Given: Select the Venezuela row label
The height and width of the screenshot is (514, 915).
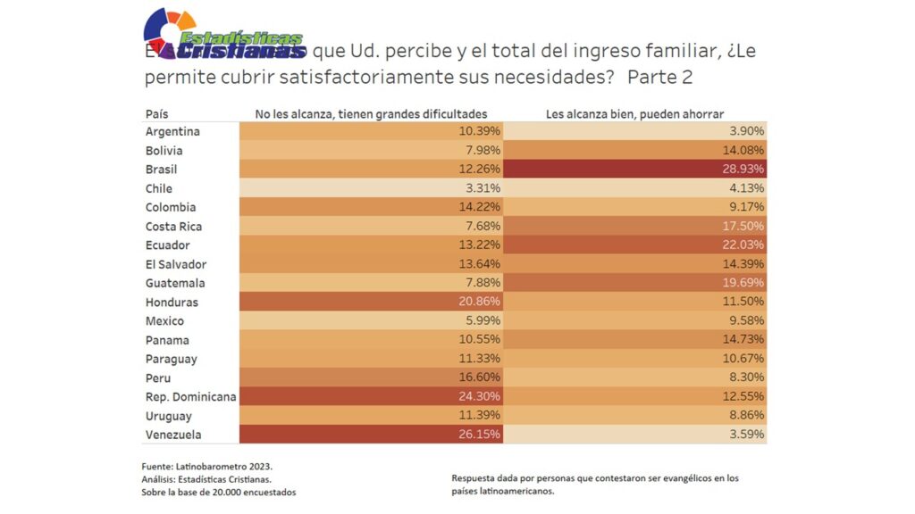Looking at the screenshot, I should (173, 435).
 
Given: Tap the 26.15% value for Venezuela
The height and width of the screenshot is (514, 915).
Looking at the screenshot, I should (480, 435).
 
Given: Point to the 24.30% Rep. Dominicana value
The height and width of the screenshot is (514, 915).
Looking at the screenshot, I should (480, 397).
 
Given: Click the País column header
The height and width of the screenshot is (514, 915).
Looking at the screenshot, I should (156, 114).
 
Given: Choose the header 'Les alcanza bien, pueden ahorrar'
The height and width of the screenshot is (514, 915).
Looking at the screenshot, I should (634, 114).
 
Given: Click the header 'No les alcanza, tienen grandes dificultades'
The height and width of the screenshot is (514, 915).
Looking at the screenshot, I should (371, 114).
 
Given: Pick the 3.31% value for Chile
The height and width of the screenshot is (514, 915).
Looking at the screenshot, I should (483, 188).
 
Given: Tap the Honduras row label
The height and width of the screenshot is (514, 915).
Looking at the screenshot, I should (172, 303).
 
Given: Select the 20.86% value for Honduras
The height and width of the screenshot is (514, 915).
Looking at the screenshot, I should (480, 303).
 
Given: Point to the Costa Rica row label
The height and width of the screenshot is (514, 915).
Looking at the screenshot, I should (173, 227).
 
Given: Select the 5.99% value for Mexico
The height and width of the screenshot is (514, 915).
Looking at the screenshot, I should (483, 321).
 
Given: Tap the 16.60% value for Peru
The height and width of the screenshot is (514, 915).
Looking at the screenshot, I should (480, 378).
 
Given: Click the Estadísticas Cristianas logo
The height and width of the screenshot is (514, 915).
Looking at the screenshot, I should (223, 36).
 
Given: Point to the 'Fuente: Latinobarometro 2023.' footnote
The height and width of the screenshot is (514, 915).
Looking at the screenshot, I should (206, 467).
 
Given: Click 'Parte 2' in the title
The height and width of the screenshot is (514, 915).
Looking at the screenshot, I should (659, 78).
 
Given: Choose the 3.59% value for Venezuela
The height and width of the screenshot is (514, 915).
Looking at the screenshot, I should (747, 435).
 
